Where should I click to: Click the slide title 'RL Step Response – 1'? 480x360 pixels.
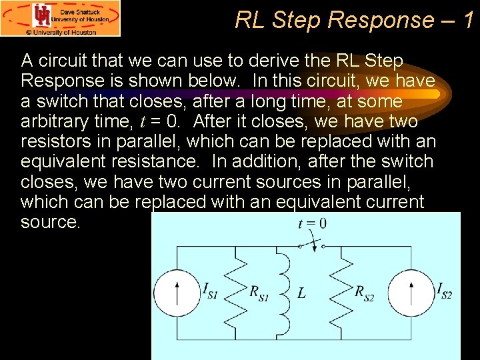pos(355,20)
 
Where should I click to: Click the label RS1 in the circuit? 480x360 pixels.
pos(259,293)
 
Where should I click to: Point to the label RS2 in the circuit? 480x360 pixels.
pos(364,293)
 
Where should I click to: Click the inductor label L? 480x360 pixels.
pos(301,293)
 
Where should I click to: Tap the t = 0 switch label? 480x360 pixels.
pos(312,223)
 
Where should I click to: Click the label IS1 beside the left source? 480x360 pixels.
pos(211,291)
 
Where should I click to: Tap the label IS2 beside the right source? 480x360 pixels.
pos(444,291)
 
